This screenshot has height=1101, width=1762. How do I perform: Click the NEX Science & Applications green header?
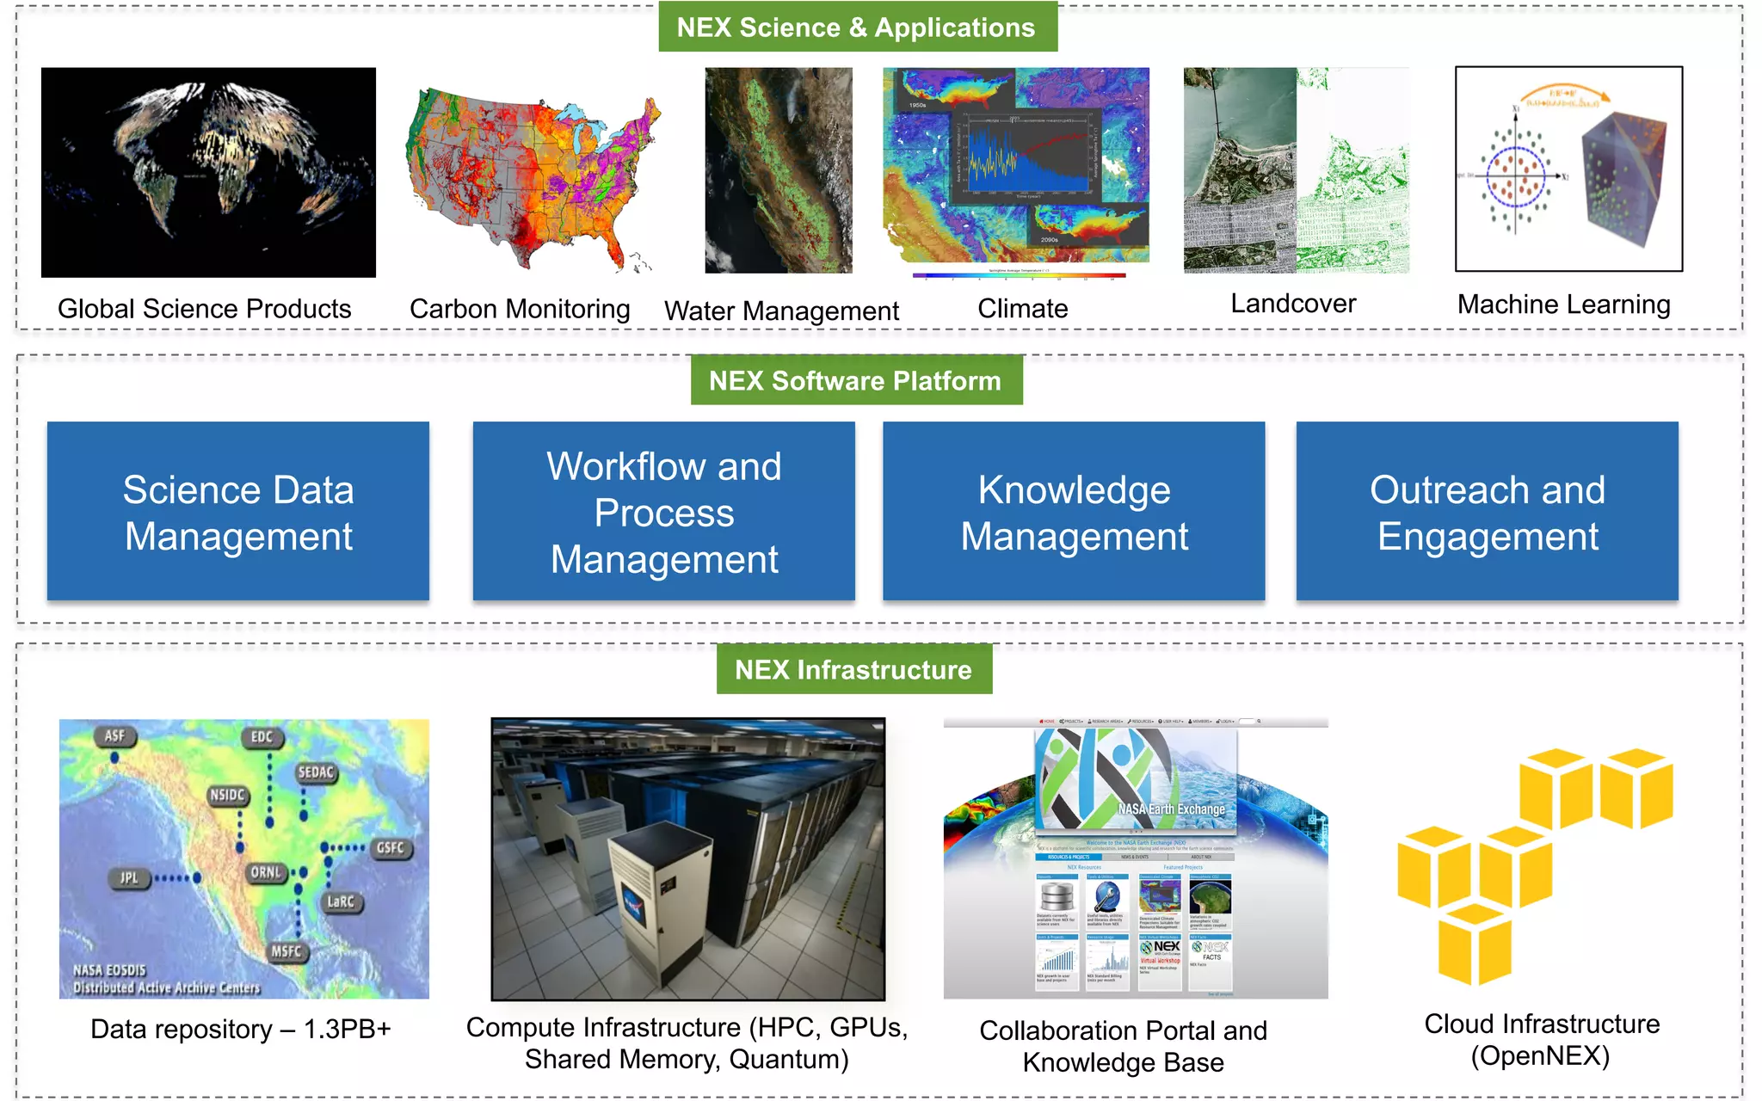[x=857, y=28]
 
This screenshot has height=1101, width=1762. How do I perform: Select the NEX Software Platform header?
[x=856, y=380]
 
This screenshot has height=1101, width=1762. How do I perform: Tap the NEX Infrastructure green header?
[x=853, y=669]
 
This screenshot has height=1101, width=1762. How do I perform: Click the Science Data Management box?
[x=238, y=512]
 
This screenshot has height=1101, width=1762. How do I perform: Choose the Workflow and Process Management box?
[x=663, y=512]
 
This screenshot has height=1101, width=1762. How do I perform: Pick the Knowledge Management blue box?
[x=1074, y=512]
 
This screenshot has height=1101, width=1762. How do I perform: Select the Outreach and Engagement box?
[x=1487, y=512]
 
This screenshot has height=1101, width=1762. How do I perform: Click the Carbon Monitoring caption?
[x=520, y=309]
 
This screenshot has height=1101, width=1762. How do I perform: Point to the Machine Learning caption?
[x=1563, y=304]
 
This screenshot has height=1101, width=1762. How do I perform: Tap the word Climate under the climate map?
[x=1022, y=309]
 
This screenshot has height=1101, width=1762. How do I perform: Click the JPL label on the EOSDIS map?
[x=129, y=878]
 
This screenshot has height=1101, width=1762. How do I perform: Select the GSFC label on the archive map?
[x=390, y=848]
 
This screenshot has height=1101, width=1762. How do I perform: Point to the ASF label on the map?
[x=114, y=736]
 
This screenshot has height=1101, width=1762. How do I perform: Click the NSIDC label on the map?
[x=227, y=796]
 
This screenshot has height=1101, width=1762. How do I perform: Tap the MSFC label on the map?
[x=286, y=951]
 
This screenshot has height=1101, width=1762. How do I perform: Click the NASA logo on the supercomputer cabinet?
[x=634, y=907]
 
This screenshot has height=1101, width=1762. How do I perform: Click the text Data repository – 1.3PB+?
[x=241, y=1029]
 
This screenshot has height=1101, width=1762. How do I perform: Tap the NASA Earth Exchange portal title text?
[x=1171, y=809]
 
